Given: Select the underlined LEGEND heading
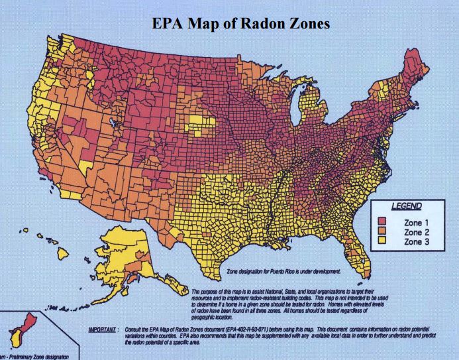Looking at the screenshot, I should click(405, 206).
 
